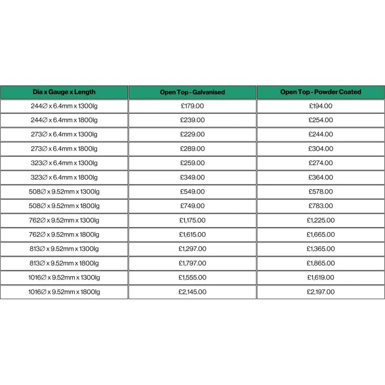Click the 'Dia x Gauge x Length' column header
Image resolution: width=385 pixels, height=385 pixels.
pyautogui.click(x=64, y=92)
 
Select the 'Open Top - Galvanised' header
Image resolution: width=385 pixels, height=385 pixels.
pyautogui.click(x=193, y=92)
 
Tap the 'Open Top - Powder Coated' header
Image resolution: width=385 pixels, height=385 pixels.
pyautogui.click(x=321, y=92)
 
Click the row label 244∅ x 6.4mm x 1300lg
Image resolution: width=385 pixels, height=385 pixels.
pyautogui.click(x=64, y=106)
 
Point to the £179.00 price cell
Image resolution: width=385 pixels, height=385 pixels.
pyautogui.click(x=193, y=106)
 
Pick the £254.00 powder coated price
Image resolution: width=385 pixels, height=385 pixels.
pyautogui.click(x=321, y=120)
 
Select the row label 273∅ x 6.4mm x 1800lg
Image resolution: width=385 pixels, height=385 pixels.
pyautogui.click(x=64, y=148)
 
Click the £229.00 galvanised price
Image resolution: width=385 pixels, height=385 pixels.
pyautogui.click(x=193, y=134)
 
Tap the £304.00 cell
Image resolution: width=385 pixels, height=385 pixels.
pyautogui.click(x=321, y=148)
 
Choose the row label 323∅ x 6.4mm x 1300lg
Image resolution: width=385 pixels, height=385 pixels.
pyautogui.click(x=64, y=163)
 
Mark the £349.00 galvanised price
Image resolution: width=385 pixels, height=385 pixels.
pyautogui.click(x=193, y=177)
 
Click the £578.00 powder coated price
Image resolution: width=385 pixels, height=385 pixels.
pyautogui.click(x=321, y=191)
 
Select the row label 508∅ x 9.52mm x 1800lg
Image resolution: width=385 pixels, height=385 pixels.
pyautogui.click(x=64, y=206)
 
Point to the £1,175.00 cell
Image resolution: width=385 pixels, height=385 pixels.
pyautogui.click(x=193, y=220)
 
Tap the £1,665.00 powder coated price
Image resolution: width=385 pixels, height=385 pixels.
pyautogui.click(x=321, y=235)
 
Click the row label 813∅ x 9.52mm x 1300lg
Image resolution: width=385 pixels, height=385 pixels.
pyautogui.click(x=64, y=249)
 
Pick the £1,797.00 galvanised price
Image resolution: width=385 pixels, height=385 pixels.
pyautogui.click(x=193, y=263)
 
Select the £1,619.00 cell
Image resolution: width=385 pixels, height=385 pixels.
pyautogui.click(x=321, y=278)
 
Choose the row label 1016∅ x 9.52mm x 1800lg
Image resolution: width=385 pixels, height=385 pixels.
pyautogui.click(x=64, y=292)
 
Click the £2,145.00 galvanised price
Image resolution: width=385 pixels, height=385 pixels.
pyautogui.click(x=193, y=292)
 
